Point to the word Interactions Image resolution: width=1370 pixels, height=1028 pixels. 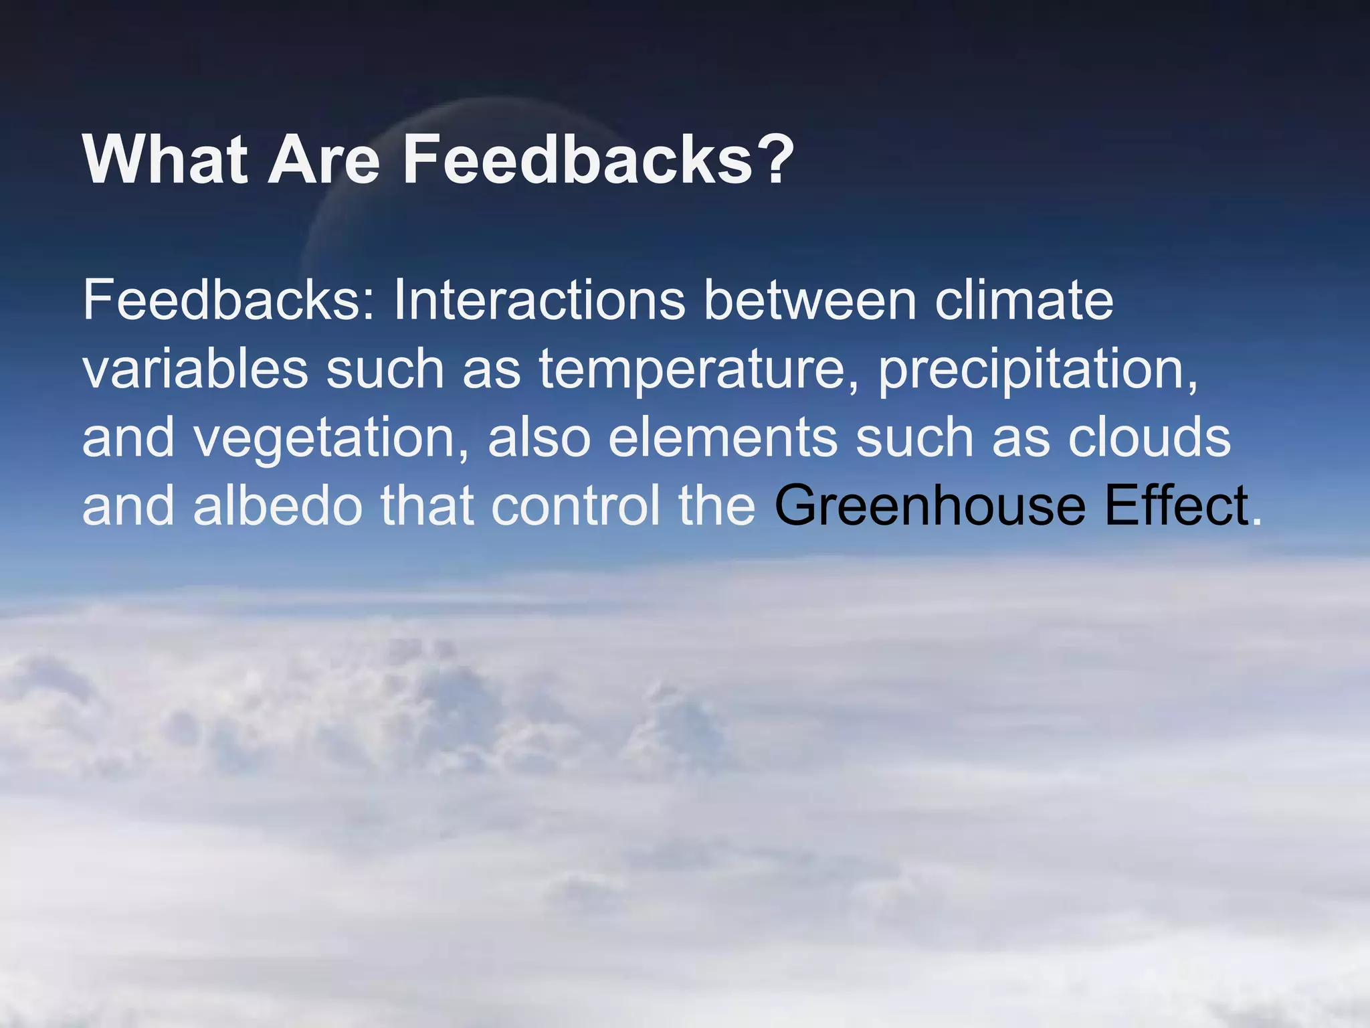(539, 300)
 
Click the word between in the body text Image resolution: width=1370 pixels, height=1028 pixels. (809, 300)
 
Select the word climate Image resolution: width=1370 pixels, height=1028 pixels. (1023, 300)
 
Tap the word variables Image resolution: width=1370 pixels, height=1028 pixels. (195, 369)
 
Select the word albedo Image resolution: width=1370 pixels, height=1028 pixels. (278, 506)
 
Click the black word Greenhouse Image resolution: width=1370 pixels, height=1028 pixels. (930, 506)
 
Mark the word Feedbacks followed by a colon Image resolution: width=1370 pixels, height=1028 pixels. (227, 300)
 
